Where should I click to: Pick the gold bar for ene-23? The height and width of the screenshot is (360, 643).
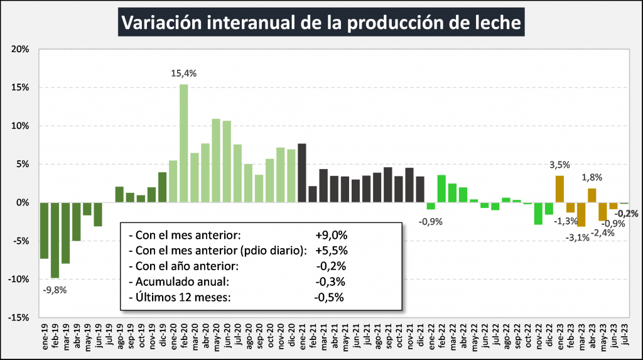coord(559,189)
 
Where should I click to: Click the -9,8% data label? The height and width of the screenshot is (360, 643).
coord(55,290)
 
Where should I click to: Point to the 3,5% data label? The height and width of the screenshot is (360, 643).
coord(559,165)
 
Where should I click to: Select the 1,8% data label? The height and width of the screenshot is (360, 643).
coord(592,178)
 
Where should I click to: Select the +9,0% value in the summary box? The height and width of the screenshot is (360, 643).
coord(332,235)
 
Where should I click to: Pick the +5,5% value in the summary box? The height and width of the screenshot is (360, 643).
coord(332,251)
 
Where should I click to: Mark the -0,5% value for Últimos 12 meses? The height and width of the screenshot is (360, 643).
coord(329,297)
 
